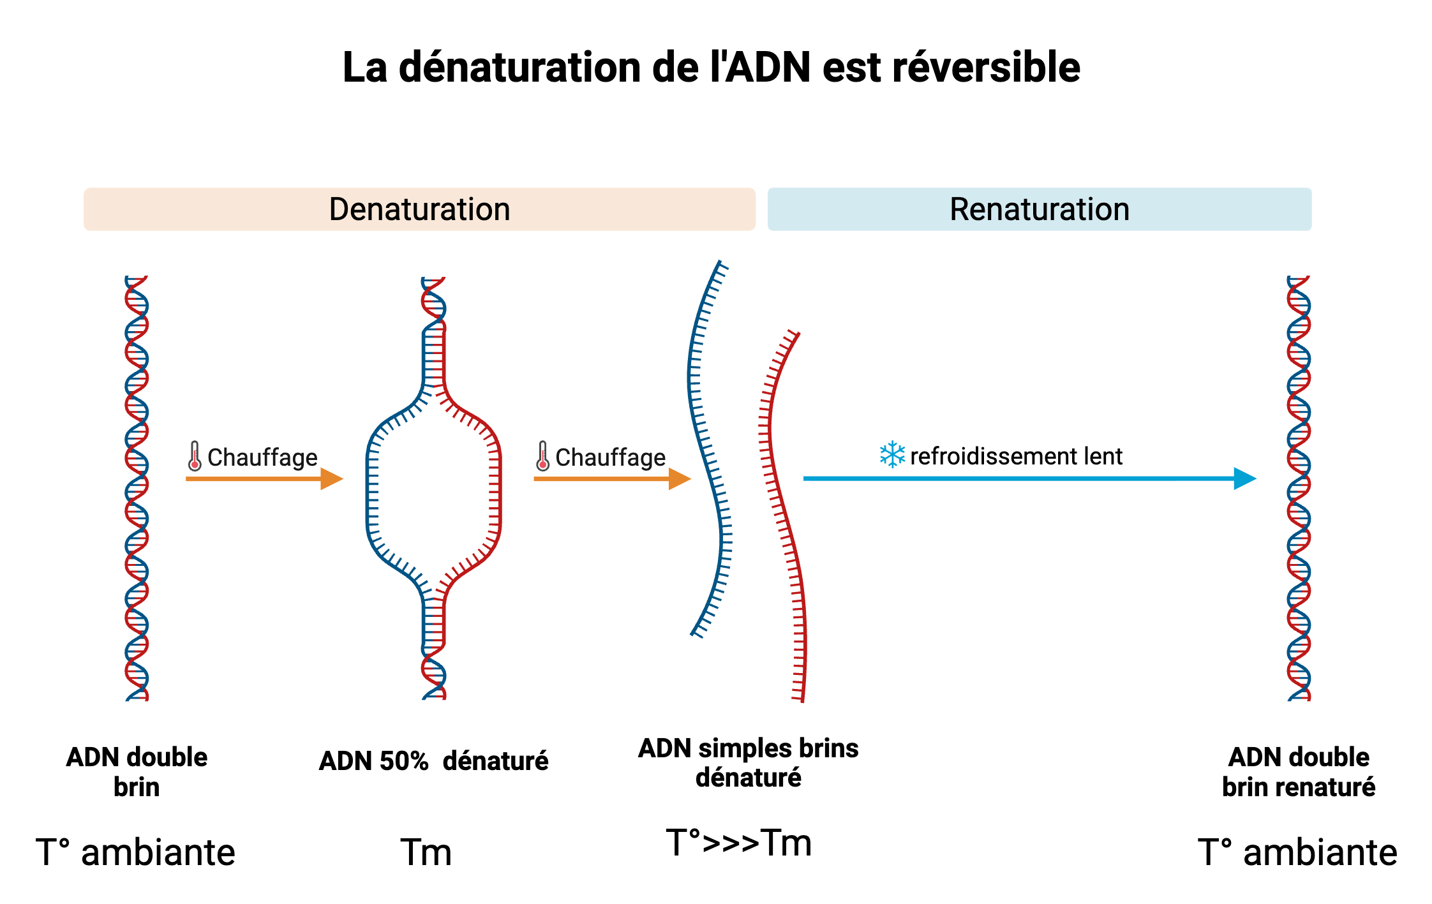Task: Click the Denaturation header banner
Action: tap(419, 209)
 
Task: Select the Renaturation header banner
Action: tap(1039, 209)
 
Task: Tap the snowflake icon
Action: tap(891, 455)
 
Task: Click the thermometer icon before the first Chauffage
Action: tap(195, 456)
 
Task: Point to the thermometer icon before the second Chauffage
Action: tap(542, 456)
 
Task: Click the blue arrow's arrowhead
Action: tap(1244, 478)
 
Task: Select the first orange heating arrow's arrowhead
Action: tap(331, 478)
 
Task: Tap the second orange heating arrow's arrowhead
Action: tap(679, 478)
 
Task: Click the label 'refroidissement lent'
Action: tap(1016, 456)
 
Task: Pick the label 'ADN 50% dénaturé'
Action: tap(433, 761)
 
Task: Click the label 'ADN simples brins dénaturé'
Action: tap(748, 763)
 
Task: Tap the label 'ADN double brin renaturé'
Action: tap(1299, 772)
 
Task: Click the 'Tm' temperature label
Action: tap(426, 852)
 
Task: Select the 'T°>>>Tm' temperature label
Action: tap(738, 843)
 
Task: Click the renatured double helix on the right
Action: tap(1299, 488)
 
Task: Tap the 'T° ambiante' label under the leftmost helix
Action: tap(135, 852)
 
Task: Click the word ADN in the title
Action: tap(768, 68)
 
